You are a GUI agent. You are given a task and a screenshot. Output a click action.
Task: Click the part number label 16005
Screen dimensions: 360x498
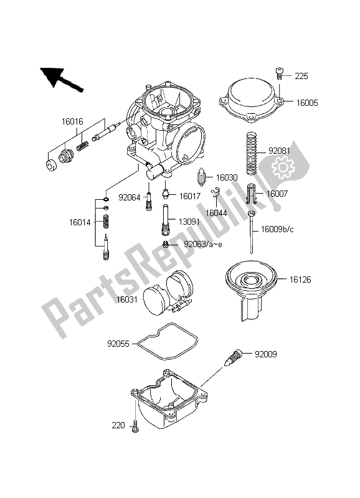click(307, 103)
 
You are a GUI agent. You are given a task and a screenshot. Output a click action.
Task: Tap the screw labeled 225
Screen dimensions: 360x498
click(279, 73)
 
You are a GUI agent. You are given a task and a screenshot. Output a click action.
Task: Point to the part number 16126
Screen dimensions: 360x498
click(300, 280)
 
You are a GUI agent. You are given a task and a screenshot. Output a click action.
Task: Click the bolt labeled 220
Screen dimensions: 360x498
click(135, 426)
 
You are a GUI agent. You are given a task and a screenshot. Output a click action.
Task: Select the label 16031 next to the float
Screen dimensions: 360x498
click(127, 299)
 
